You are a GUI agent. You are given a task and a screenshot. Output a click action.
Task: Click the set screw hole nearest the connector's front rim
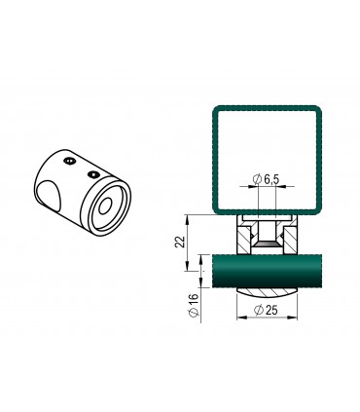[x=92, y=174]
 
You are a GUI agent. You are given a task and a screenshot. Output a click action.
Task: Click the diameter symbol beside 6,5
[x=256, y=180]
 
